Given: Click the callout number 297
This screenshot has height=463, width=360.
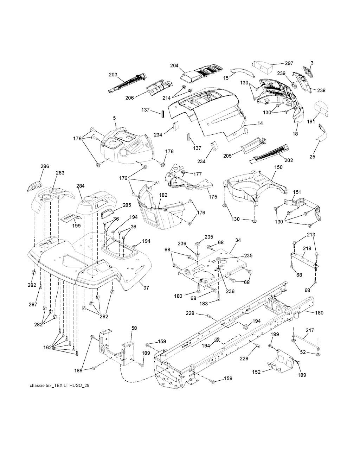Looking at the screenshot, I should [x=289, y=63].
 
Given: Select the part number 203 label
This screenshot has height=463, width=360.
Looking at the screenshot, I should [x=113, y=75].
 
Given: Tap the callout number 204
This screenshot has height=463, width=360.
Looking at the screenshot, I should [x=174, y=65].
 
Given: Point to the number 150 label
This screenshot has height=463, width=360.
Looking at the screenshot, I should [x=278, y=167].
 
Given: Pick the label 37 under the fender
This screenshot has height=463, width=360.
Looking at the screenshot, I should [x=146, y=288].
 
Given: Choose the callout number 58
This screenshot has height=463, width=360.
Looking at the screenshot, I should [x=134, y=328].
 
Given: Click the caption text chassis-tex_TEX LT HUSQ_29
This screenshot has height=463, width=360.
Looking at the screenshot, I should [x=59, y=386].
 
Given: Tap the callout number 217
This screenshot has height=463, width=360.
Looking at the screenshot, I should [x=310, y=330].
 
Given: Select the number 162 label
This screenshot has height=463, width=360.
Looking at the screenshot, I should [x=47, y=348].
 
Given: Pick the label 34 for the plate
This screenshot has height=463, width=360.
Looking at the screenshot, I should [x=238, y=240].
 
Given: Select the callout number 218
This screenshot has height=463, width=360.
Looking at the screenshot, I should [x=307, y=248].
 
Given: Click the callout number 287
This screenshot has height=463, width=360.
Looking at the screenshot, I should [x=33, y=304].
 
